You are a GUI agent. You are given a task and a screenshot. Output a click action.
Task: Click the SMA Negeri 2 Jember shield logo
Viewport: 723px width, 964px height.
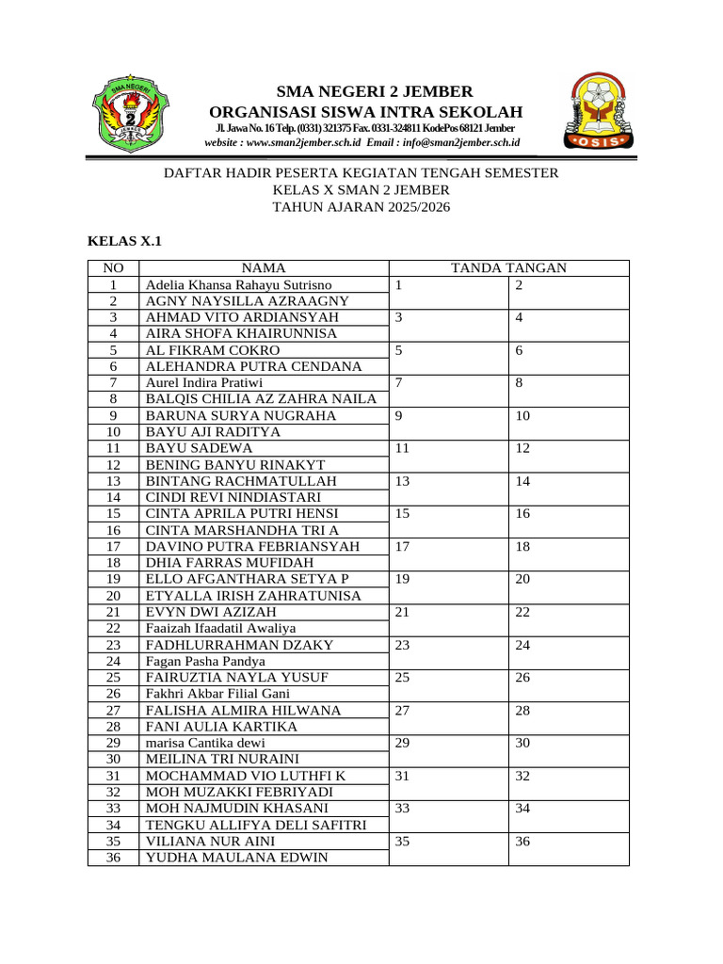click(x=130, y=114)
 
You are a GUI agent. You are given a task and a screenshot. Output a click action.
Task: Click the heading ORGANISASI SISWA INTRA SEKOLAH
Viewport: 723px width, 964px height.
click(x=366, y=112)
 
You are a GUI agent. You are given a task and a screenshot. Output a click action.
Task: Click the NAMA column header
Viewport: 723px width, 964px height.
click(x=264, y=268)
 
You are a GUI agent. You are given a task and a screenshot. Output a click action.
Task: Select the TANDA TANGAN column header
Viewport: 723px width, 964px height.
click(x=508, y=268)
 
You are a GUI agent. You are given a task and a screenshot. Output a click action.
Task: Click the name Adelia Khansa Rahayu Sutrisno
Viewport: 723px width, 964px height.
click(x=238, y=284)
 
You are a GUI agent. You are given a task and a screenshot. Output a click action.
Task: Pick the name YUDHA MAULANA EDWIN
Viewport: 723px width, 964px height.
click(x=236, y=858)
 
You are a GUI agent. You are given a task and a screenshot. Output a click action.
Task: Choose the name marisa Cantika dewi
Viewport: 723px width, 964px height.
click(x=205, y=743)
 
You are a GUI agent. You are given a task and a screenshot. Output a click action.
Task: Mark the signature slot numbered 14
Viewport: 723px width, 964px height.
click(x=569, y=489)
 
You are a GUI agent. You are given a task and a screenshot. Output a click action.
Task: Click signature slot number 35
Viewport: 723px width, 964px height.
click(x=449, y=848)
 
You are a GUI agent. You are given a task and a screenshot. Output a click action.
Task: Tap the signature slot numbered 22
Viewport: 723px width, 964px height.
click(x=569, y=619)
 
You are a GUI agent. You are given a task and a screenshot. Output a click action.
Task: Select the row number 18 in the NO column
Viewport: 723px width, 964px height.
click(x=113, y=562)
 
